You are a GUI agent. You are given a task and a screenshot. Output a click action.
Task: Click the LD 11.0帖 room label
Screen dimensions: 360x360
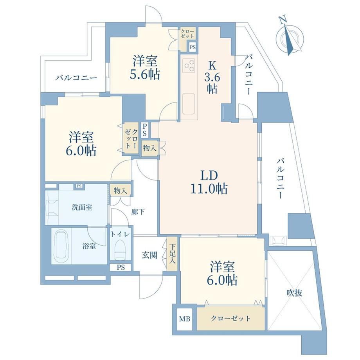[x=209, y=182]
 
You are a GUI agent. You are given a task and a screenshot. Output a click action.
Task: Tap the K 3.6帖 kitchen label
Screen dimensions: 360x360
[x=212, y=77]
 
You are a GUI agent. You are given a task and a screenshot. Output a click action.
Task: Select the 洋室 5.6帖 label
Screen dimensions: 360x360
[x=145, y=68]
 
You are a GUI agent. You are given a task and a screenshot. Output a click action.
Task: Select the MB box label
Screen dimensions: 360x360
[x=185, y=319]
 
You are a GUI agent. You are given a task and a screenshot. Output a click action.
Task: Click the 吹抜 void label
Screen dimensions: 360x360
[x=294, y=293]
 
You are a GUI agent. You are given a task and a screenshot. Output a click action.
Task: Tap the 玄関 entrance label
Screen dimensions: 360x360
[x=149, y=255]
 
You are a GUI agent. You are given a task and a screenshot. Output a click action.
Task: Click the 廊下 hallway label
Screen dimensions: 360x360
[x=138, y=212]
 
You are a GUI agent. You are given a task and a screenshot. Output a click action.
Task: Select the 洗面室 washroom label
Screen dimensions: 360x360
[x=82, y=207]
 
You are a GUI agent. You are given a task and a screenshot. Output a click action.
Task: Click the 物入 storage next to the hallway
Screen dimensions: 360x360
[x=121, y=190]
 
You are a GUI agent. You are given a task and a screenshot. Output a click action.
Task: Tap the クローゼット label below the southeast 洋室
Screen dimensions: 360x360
[x=230, y=319]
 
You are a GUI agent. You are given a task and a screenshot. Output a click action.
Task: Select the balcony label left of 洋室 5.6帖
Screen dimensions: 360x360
[x=76, y=78]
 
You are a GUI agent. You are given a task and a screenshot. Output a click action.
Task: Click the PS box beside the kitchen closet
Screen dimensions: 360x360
[x=193, y=47]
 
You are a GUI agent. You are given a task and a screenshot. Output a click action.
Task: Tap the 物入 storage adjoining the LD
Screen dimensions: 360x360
[x=150, y=148]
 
